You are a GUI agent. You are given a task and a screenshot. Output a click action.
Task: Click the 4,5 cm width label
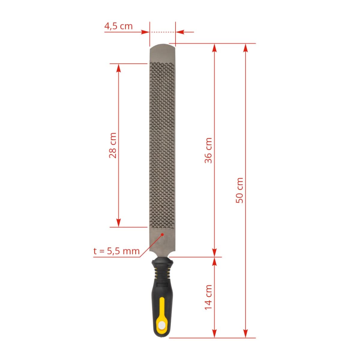[118, 26]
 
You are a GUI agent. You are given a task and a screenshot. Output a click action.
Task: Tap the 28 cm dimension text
[113, 145]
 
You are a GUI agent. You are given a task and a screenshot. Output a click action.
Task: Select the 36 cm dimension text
[208, 150]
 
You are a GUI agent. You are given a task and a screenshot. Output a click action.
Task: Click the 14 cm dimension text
[208, 297]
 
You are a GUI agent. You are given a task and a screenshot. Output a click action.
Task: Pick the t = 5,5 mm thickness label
[116, 251]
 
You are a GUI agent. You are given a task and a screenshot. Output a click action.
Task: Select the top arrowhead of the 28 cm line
[118, 68]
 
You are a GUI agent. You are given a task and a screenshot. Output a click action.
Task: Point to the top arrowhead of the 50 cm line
[245, 48]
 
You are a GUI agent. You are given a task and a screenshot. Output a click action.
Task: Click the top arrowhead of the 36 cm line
[214, 48]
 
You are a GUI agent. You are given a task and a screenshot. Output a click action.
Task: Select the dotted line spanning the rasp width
[162, 31]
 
